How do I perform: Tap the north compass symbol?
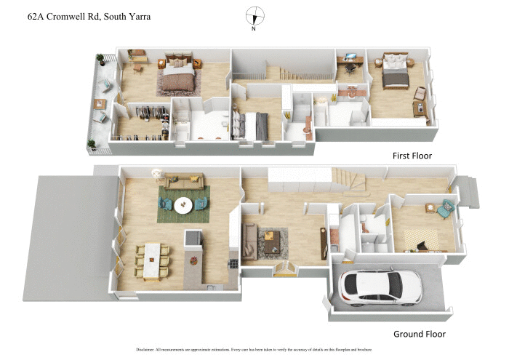coord(254,15)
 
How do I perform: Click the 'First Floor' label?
coord(412,156)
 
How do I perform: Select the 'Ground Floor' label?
coord(419,334)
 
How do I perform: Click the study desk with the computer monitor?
coord(349,63)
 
